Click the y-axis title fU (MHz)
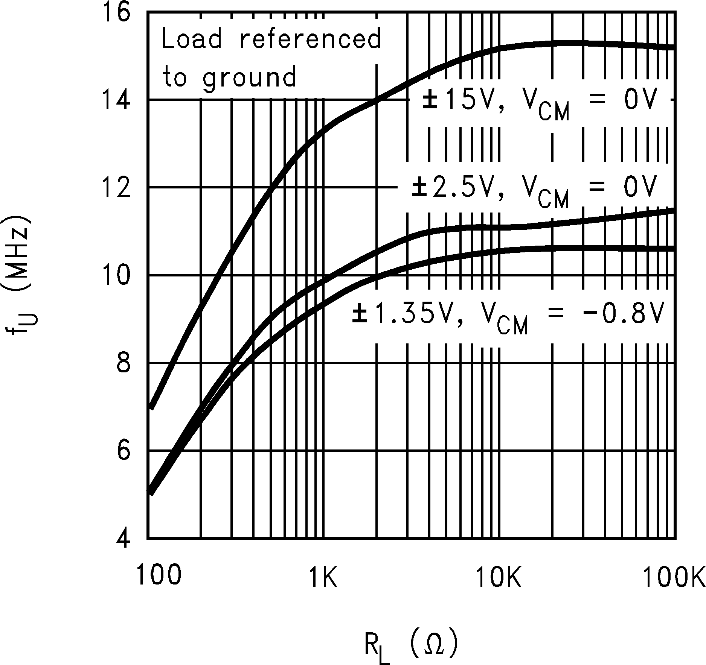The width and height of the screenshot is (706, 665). [x=19, y=275]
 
